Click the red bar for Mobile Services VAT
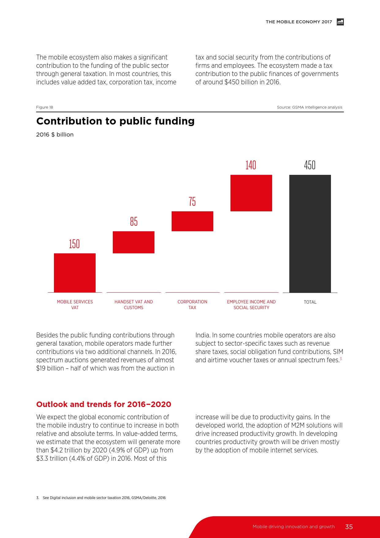[75, 273]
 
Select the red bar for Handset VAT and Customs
[134, 242]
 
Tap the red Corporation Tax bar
[192, 221]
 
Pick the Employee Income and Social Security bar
[251, 193]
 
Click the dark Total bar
[310, 233]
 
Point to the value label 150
[74, 244]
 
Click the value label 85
[134, 221]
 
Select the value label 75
[192, 202]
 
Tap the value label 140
[251, 165]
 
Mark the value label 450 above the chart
[310, 165]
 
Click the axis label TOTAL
[310, 302]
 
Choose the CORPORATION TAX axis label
[192, 305]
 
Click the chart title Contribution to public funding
[116, 121]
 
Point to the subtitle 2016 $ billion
[55, 135]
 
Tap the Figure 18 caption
[45, 107]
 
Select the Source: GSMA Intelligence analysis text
[310, 107]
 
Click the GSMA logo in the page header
[340, 22]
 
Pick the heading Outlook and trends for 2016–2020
[104, 404]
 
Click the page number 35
[349, 527]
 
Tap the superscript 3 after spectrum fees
[341, 359]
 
